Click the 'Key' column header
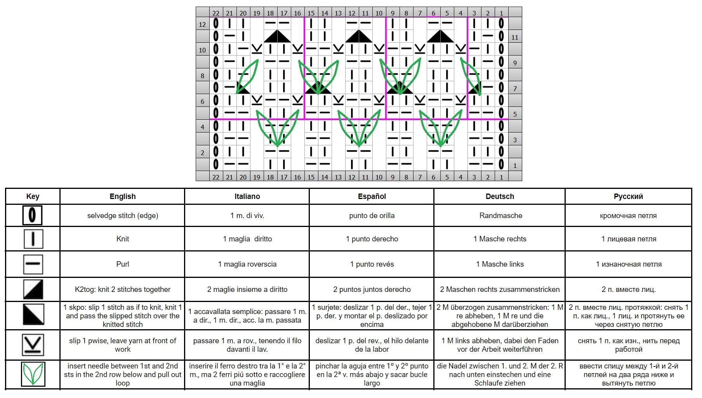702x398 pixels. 33,196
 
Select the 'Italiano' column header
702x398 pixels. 247,196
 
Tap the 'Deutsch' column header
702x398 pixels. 500,196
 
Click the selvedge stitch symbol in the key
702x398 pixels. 33,215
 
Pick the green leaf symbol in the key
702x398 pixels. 33,374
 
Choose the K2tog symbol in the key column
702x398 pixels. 33,289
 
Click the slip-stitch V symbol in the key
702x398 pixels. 33,345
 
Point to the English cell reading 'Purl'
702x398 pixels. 123,264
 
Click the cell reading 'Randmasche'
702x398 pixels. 500,215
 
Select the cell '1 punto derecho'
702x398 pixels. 372,239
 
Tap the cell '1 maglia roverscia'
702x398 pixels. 247,264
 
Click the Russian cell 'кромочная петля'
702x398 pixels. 628,216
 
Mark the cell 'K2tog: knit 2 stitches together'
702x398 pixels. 123,289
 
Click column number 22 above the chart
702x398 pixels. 216,13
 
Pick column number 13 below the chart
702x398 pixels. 338,177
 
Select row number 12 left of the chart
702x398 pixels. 202,24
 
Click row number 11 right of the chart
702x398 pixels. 515,37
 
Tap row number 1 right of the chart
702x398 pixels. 515,166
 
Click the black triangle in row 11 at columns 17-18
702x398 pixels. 277,36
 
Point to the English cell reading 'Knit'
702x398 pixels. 123,239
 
